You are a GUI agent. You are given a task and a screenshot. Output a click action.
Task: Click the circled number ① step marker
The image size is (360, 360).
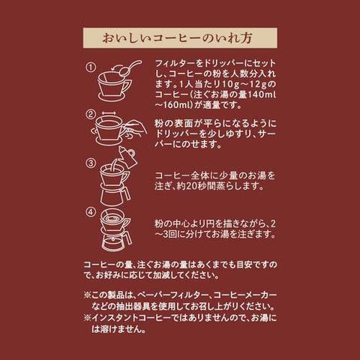pyautogui.click(x=91, y=67)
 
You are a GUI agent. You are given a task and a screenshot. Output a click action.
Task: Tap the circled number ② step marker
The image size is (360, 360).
pyautogui.click(x=91, y=115)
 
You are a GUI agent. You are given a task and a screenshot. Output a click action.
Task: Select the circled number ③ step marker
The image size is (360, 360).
pyautogui.click(x=91, y=163)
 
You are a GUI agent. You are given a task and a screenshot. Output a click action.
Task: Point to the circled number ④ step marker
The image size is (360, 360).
pyautogui.click(x=91, y=212)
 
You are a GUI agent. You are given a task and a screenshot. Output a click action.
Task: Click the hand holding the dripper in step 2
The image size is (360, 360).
pyautogui.click(x=134, y=128)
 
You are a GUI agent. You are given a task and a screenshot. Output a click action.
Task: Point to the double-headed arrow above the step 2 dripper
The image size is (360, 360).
pyautogui.click(x=109, y=113)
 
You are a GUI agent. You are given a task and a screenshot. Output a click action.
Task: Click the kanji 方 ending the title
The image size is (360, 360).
pyautogui.click(x=245, y=38)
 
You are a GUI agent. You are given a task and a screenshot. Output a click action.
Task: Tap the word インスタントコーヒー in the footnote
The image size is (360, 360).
pyautogui.click(x=132, y=318)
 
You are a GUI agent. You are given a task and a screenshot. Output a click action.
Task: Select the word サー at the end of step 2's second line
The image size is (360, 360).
pyautogui.click(x=267, y=133)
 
